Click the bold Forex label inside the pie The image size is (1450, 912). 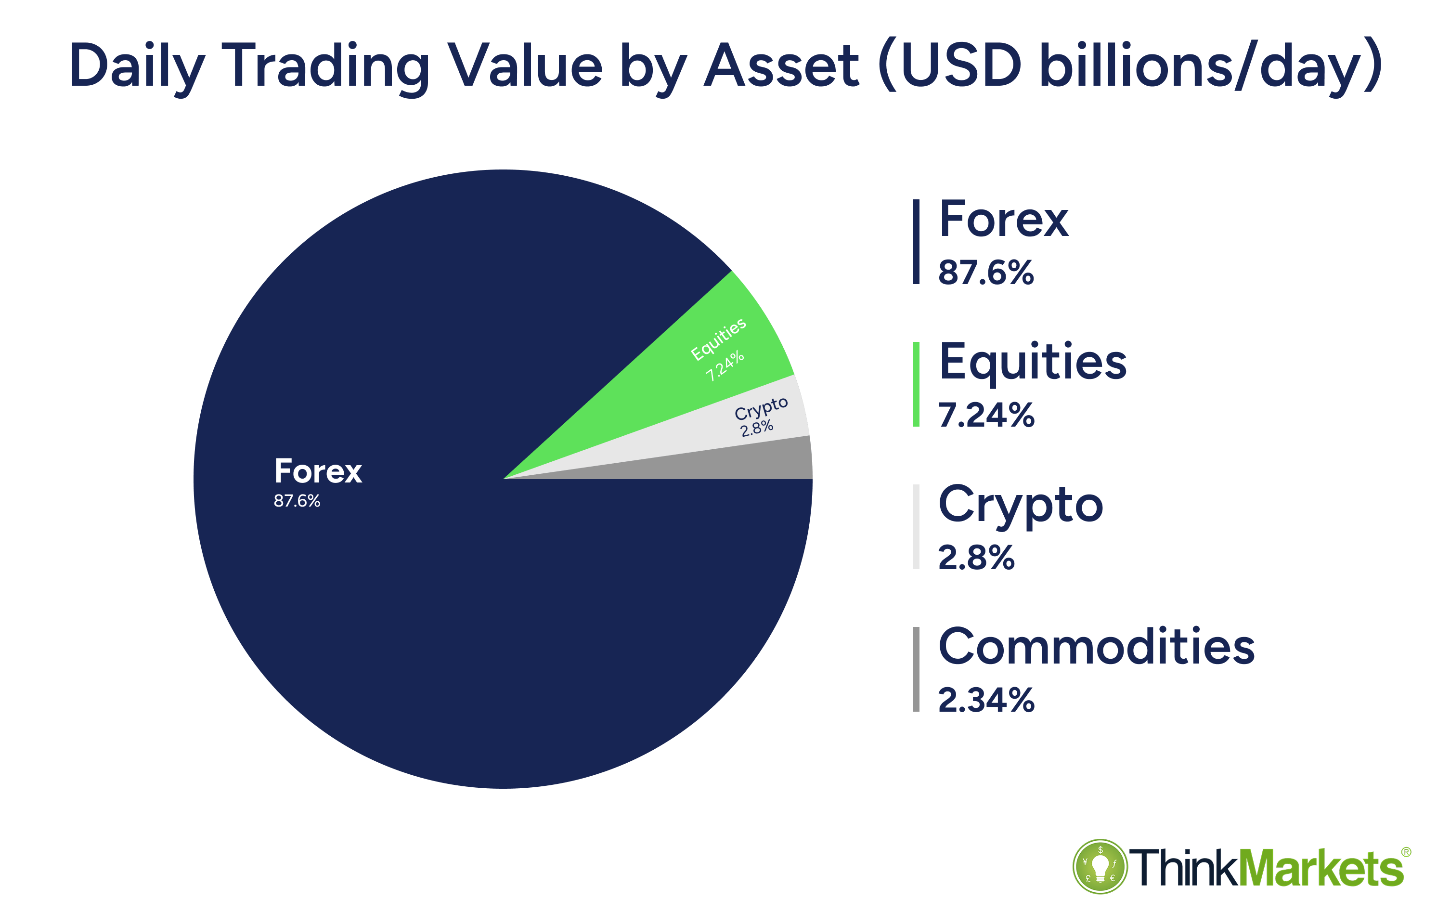pyautogui.click(x=317, y=472)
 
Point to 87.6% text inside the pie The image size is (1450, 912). pyautogui.click(x=297, y=501)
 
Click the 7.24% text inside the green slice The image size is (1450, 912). pyautogui.click(x=725, y=366)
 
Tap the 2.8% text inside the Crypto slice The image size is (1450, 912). pyautogui.click(x=757, y=428)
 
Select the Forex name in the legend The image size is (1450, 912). pyautogui.click(x=1003, y=220)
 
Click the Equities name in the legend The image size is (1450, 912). pyautogui.click(x=1032, y=362)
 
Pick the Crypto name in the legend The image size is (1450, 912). pyautogui.click(x=1020, y=505)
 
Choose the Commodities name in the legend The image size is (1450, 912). pyautogui.click(x=1096, y=647)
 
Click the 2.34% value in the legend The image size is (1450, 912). pyautogui.click(x=986, y=700)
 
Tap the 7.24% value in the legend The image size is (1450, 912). pyautogui.click(x=986, y=415)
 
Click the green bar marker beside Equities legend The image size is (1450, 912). pyautogui.click(x=916, y=384)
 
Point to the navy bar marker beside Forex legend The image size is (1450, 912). pyautogui.click(x=916, y=242)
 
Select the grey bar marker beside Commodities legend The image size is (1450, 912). pyautogui.click(x=916, y=669)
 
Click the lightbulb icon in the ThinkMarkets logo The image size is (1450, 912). pyautogui.click(x=1100, y=866)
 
